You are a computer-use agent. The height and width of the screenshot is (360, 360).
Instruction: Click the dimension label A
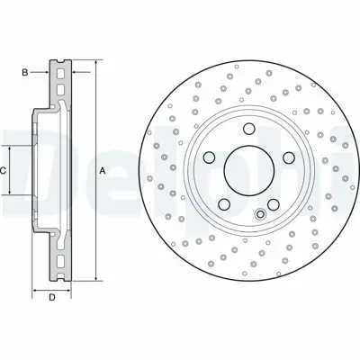click(103, 170)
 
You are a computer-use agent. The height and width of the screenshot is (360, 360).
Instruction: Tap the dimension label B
click(27, 69)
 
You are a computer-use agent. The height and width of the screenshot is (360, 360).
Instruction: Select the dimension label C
click(4, 170)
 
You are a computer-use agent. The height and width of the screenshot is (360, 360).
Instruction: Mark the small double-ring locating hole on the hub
click(260, 213)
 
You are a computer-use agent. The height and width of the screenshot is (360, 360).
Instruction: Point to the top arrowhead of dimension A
click(91, 64)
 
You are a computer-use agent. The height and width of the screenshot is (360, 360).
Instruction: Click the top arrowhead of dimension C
click(11, 148)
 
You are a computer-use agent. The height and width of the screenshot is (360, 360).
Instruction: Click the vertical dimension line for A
click(91, 216)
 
